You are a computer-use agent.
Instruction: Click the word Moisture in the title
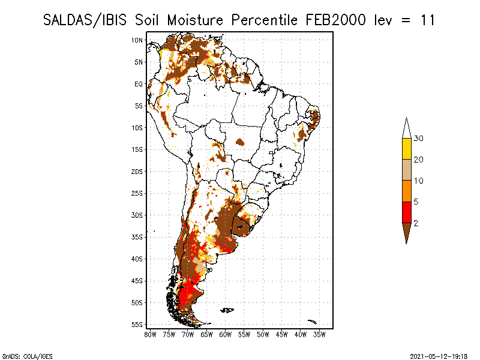click(195, 20)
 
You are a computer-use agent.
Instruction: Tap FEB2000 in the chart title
click(335, 20)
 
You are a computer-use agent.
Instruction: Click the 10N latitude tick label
click(137, 40)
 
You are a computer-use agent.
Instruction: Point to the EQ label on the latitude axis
click(139, 84)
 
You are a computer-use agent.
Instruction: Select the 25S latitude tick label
click(137, 193)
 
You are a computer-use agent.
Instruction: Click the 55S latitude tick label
click(137, 325)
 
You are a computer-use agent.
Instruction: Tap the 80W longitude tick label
click(150, 335)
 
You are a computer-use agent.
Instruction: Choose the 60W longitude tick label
click(226, 335)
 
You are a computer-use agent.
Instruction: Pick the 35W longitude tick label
click(319, 335)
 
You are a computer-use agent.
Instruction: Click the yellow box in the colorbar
click(407, 149)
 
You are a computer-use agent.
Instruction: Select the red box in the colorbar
click(407, 212)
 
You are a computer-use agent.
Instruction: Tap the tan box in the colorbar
click(407, 170)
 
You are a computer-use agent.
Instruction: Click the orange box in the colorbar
click(407, 191)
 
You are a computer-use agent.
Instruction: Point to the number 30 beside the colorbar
click(418, 139)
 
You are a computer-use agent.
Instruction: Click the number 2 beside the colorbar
click(416, 223)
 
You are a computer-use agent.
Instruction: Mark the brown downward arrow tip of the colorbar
click(407, 244)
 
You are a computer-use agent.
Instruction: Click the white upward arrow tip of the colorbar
click(407, 118)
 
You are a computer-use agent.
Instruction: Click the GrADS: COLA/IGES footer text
click(27, 356)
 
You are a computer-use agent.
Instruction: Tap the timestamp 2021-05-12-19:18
click(439, 356)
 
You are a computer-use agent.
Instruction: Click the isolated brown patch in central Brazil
click(240, 142)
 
